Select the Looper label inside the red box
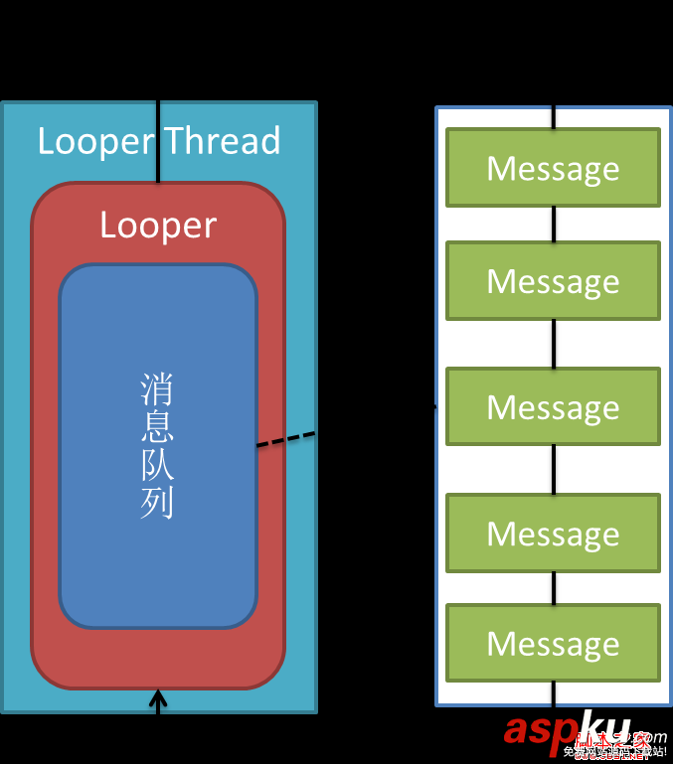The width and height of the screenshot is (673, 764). (x=158, y=226)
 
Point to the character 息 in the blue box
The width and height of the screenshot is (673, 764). (x=157, y=428)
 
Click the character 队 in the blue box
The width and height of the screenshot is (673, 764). (x=157, y=466)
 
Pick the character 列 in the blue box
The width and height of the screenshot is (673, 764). (x=157, y=503)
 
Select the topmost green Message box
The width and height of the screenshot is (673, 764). (x=553, y=168)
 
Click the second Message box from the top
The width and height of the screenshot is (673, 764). (x=553, y=281)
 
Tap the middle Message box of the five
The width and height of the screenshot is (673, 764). (x=553, y=406)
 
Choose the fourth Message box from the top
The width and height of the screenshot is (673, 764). (x=553, y=534)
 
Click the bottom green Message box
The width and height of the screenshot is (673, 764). (x=553, y=643)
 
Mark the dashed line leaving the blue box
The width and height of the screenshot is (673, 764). (x=286, y=439)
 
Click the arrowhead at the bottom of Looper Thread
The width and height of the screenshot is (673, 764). (x=157, y=697)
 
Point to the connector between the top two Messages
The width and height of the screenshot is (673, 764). (x=554, y=225)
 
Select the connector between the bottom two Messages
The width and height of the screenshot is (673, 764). (x=554, y=588)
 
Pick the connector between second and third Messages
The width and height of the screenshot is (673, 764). (x=554, y=344)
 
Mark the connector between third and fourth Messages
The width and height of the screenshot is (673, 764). (x=554, y=470)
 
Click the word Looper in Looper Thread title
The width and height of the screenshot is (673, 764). (x=95, y=141)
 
